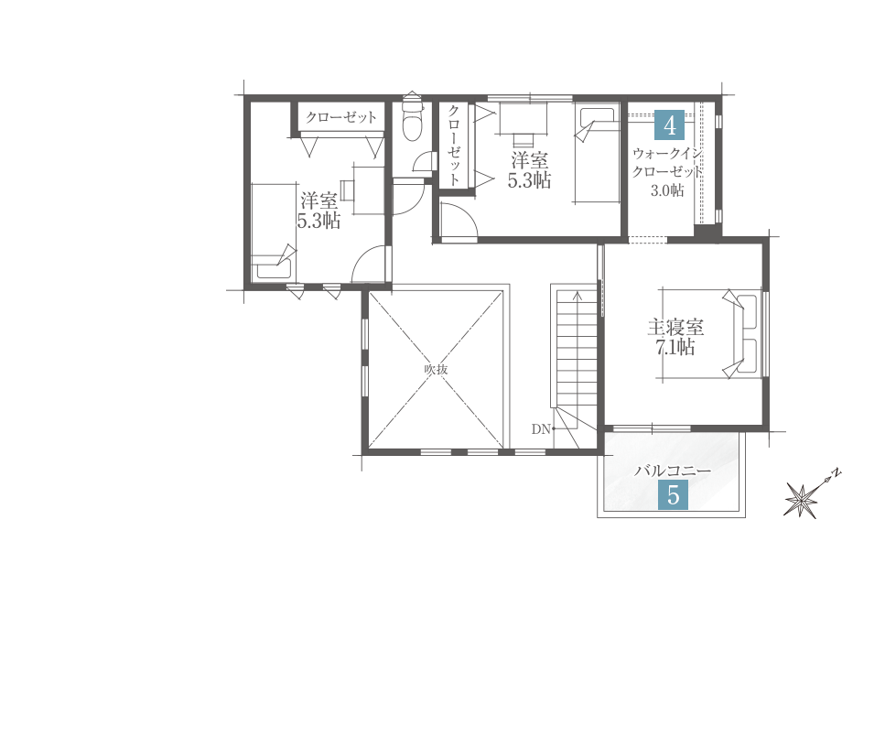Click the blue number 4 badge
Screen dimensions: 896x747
click(x=669, y=124)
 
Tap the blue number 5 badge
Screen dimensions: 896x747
click(x=673, y=495)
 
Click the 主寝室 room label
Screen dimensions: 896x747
click(x=675, y=327)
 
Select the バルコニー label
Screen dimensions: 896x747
click(x=673, y=471)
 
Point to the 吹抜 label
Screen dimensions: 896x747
click(x=436, y=369)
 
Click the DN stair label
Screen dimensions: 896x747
click(x=541, y=428)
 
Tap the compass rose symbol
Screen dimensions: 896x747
click(x=801, y=500)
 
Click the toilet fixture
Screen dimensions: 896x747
click(x=412, y=117)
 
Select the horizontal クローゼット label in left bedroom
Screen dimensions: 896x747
click(x=341, y=117)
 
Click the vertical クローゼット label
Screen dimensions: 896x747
click(x=454, y=146)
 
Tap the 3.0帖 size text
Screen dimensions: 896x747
click(x=667, y=190)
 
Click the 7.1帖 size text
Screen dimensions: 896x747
click(x=675, y=347)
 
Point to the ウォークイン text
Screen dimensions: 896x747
click(x=667, y=154)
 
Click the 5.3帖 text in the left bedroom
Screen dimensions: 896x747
click(x=318, y=221)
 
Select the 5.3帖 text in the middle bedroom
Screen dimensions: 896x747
click(x=529, y=180)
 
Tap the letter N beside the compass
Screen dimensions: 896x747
click(x=837, y=473)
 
